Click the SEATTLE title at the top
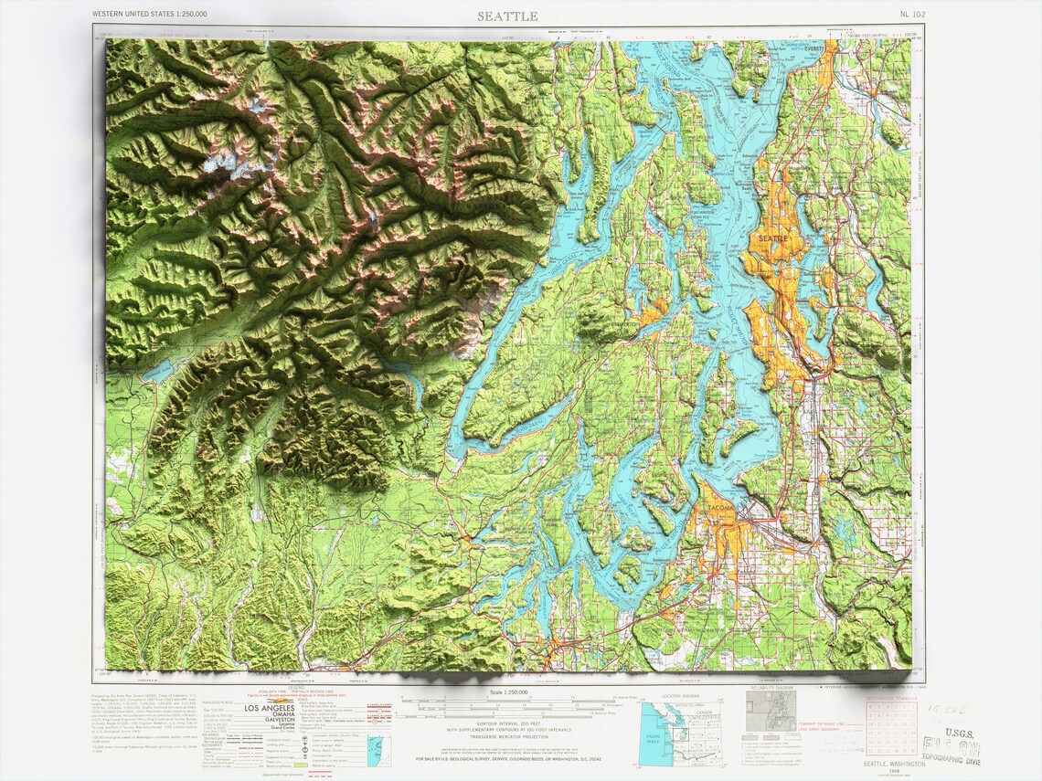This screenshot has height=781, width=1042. coord(507,16)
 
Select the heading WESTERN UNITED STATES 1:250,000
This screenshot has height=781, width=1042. coord(150,15)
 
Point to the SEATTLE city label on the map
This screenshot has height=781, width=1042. coord(772,238)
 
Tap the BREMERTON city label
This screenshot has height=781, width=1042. coord(623,324)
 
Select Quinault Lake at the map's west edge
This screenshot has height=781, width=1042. coord(156,371)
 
